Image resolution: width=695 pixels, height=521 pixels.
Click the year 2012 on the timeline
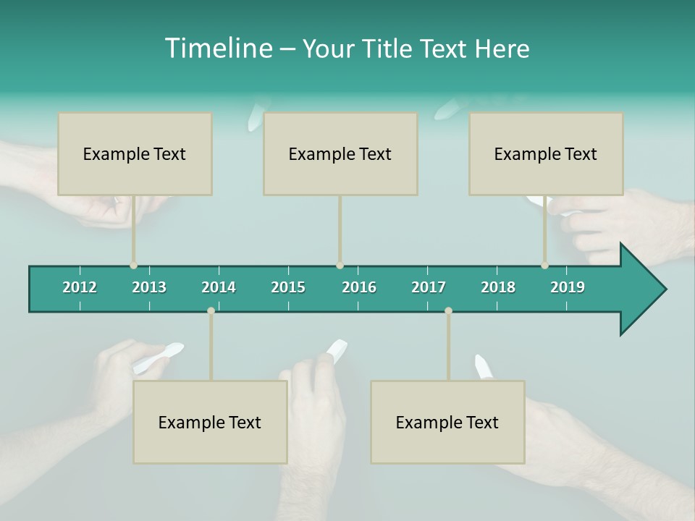coord(80,287)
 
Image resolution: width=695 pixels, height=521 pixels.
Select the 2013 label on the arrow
coord(149,287)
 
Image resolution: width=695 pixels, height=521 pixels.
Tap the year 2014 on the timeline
coord(219,287)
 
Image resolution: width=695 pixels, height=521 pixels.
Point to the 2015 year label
coord(288,287)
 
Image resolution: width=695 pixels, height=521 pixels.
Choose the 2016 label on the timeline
coord(359,287)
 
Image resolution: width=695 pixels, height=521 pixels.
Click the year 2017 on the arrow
coord(429,287)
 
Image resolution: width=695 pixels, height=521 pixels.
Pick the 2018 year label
coord(498,287)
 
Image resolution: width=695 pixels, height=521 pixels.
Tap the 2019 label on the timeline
coord(568,287)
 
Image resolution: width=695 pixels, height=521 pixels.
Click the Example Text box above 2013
coord(135,153)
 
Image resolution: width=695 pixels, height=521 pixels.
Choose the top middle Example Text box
coord(340,153)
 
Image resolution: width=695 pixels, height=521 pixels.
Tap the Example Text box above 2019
coord(546,153)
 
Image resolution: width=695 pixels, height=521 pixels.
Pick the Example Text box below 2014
coord(210,422)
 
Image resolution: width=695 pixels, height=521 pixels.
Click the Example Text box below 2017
coord(447,422)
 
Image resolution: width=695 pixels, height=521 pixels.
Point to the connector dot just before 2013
coord(134,266)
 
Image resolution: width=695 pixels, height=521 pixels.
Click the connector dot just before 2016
coord(340,266)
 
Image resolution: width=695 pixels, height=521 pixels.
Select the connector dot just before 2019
coord(545,266)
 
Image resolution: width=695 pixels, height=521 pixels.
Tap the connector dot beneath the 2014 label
coord(211,311)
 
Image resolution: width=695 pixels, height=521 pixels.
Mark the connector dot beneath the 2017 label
coord(448,311)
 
